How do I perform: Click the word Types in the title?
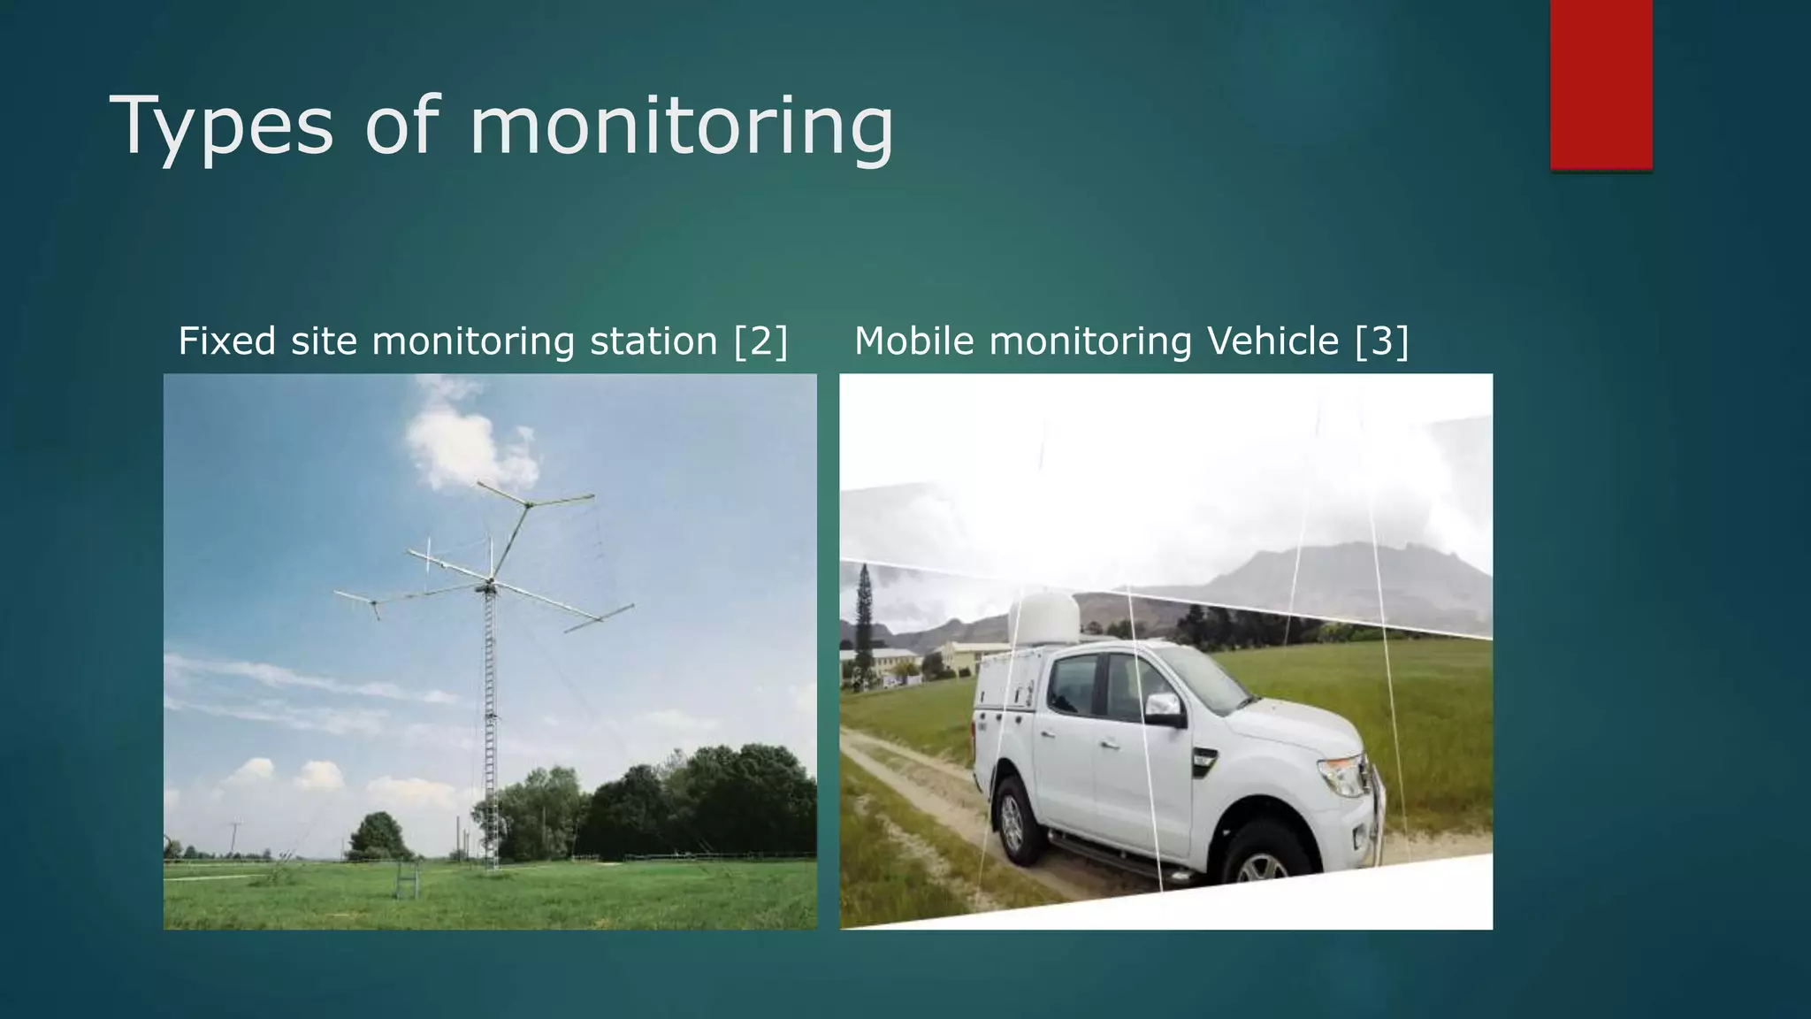221,126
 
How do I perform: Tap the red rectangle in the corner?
1601,84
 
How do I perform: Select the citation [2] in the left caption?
760,341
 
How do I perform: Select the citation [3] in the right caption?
1381,341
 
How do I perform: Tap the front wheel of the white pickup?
1263,862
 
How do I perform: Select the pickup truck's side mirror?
1165,708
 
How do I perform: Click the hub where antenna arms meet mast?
489,585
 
